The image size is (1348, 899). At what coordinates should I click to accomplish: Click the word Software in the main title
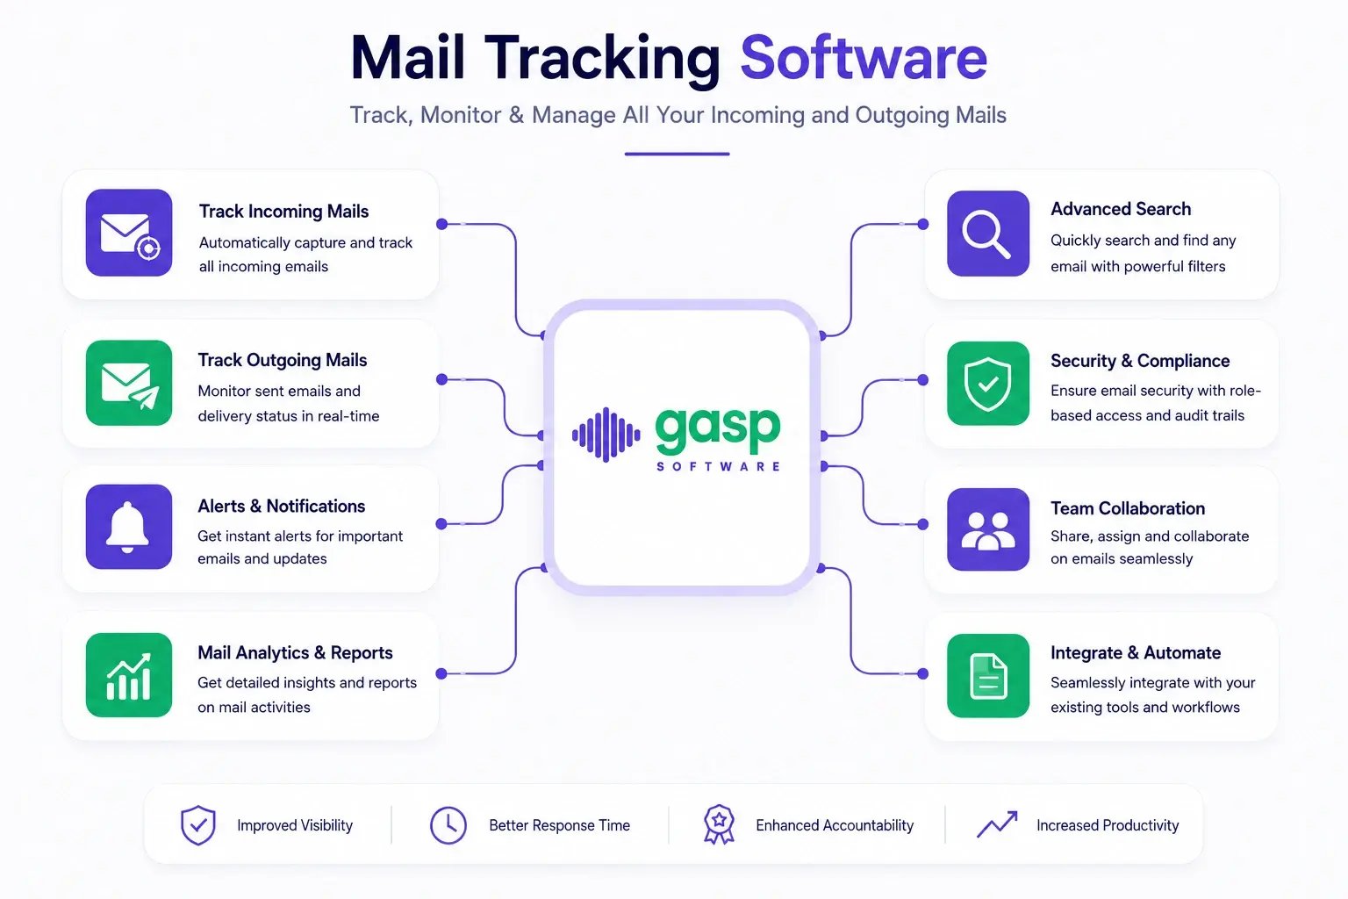tap(864, 58)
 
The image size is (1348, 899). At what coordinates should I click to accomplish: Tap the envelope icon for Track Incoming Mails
tap(129, 233)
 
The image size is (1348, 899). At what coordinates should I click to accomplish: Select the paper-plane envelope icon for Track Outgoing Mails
tap(129, 383)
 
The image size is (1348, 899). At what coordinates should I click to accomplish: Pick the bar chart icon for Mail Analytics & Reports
tap(129, 675)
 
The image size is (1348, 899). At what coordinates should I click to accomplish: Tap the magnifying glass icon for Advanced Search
tap(988, 233)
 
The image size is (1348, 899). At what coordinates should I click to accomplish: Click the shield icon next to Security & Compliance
tap(988, 384)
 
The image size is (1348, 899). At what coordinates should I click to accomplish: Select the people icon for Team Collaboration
tap(988, 529)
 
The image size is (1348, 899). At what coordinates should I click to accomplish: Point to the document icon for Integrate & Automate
tap(988, 676)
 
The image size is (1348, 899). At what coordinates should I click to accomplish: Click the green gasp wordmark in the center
tap(717, 429)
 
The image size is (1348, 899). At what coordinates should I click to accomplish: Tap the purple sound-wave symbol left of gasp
tap(606, 435)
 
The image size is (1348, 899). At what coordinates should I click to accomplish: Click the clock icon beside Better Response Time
tap(448, 825)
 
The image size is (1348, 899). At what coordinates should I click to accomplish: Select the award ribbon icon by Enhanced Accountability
tap(719, 825)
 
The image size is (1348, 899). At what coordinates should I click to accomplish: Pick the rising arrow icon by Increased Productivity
tap(997, 824)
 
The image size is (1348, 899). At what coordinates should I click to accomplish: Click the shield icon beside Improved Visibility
tap(198, 825)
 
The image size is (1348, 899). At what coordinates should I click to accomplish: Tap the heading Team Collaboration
tap(1128, 508)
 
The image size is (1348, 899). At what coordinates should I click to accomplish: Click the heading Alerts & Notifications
tap(281, 506)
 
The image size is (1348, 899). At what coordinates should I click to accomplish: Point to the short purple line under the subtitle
tap(677, 155)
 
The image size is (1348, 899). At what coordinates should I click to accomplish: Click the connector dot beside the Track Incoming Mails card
tap(441, 224)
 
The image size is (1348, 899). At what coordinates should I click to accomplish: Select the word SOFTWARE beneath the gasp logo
tap(718, 467)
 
